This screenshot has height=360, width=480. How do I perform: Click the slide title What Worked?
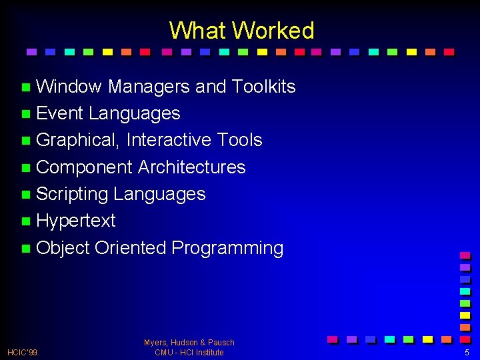click(241, 31)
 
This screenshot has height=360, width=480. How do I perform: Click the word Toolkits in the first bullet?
click(263, 87)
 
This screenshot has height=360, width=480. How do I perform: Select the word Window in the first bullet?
click(69, 87)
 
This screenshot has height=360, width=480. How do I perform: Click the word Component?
click(84, 167)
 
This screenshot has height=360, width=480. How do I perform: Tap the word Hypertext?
click(76, 221)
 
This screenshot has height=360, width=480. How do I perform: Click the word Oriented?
click(131, 248)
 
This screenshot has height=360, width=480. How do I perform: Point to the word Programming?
click(227, 248)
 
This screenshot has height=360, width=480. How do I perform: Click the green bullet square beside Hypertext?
click(25, 221)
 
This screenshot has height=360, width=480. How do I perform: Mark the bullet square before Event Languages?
click(25, 114)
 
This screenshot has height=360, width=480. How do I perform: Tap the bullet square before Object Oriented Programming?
click(25, 249)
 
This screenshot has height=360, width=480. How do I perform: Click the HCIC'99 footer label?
click(22, 352)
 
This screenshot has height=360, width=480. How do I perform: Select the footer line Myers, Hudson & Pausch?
click(189, 343)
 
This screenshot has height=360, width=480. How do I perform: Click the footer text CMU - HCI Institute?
click(189, 352)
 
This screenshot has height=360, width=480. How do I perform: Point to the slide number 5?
click(467, 352)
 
